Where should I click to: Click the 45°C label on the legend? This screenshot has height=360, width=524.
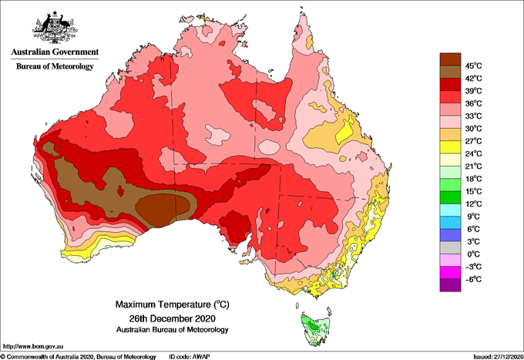click(x=474, y=66)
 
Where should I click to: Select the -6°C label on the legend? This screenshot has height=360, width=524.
click(x=473, y=279)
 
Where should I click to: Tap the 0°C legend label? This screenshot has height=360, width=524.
click(x=474, y=254)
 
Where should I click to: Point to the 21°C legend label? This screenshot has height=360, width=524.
click(x=474, y=167)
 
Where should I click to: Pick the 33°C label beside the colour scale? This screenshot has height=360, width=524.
click(x=474, y=116)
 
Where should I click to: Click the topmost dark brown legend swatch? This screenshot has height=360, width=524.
click(x=450, y=59)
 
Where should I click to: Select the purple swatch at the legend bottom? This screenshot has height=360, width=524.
click(x=450, y=285)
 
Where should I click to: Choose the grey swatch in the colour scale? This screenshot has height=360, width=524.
click(x=450, y=247)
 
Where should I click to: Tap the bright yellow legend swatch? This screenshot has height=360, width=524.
click(x=450, y=147)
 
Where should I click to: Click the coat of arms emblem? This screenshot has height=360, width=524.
click(x=55, y=28)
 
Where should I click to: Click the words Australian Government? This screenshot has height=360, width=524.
click(x=55, y=52)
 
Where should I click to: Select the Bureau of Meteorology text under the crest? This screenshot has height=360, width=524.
click(x=55, y=66)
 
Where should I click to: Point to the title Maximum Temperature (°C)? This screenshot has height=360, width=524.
click(x=173, y=304)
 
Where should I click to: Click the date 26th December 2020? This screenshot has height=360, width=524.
click(x=173, y=318)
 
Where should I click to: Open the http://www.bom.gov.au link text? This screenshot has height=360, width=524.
click(x=33, y=347)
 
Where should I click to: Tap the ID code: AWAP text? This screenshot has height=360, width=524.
click(x=190, y=357)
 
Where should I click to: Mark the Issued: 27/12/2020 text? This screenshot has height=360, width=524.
click(x=499, y=357)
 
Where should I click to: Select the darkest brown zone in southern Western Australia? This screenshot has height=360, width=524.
click(x=163, y=209)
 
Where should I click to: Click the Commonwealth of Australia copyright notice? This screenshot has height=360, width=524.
click(x=79, y=357)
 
